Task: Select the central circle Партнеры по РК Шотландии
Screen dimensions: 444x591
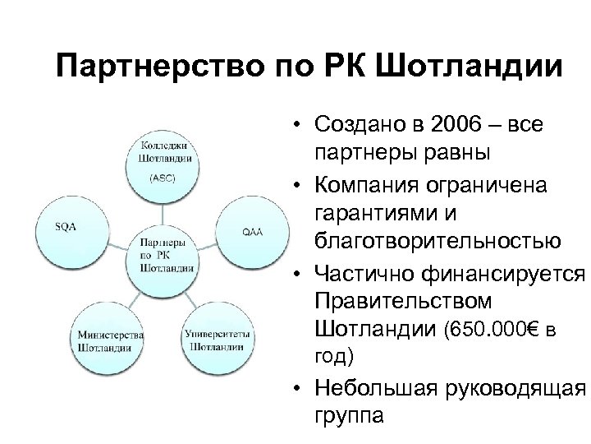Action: tap(167, 255)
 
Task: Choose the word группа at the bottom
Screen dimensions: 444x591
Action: tap(348, 416)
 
